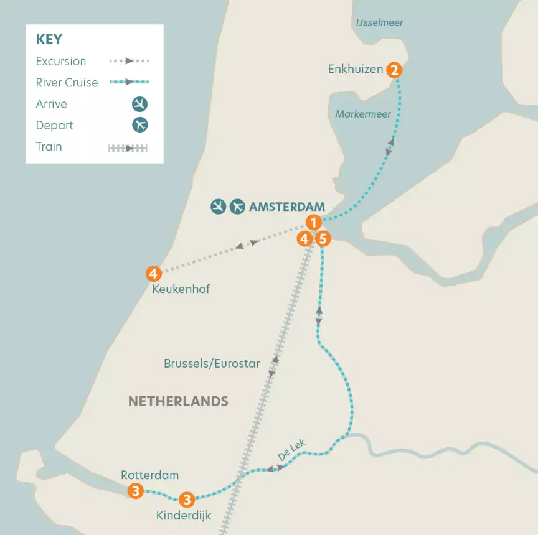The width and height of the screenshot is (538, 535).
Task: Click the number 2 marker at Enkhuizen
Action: click(x=394, y=70)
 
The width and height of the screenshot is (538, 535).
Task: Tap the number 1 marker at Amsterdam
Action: click(x=314, y=222)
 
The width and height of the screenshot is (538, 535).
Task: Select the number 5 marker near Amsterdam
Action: click(x=322, y=238)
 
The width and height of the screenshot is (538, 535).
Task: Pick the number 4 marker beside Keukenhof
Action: click(x=153, y=273)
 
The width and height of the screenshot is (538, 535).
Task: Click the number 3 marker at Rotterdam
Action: click(x=135, y=491)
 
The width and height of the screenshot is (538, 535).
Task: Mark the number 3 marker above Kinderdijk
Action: click(x=186, y=499)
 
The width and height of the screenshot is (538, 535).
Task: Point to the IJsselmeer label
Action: click(x=379, y=22)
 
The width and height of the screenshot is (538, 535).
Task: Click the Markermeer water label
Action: click(x=362, y=114)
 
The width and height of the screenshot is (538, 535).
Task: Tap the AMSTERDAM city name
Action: click(x=287, y=207)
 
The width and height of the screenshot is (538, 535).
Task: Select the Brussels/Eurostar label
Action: click(x=212, y=363)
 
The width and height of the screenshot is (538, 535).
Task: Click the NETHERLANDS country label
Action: click(x=178, y=401)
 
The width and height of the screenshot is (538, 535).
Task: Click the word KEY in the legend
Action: click(x=49, y=39)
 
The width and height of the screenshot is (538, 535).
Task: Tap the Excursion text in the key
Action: click(x=61, y=62)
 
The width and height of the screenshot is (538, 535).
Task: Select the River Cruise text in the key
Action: click(x=67, y=83)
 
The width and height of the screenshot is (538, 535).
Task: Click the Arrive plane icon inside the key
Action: click(x=140, y=104)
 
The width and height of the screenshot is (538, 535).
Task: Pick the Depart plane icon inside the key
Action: click(x=140, y=125)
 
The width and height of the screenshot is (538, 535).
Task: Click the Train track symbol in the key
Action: click(x=128, y=148)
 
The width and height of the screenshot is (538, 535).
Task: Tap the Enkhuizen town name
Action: click(x=356, y=69)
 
